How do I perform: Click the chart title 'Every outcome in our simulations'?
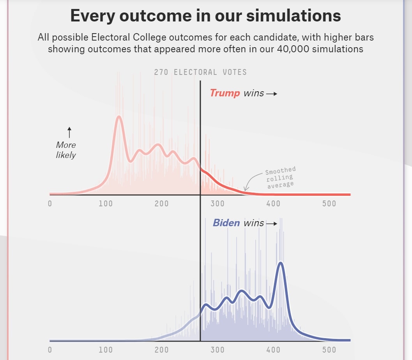pyautogui.click(x=205, y=16)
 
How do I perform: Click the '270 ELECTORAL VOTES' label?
pyautogui.click(x=200, y=73)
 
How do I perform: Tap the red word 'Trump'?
pyautogui.click(x=225, y=93)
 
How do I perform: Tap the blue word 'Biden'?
pyautogui.click(x=226, y=223)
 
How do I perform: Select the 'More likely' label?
pyautogui.click(x=66, y=150)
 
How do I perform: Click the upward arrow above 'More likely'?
pyautogui.click(x=69, y=132)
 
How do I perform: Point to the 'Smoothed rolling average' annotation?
pyautogui.click(x=280, y=177)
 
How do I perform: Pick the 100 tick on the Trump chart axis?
pyautogui.click(x=106, y=204)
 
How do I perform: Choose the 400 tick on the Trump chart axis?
pyautogui.click(x=273, y=204)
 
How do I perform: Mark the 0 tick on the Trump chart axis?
pyautogui.click(x=50, y=204)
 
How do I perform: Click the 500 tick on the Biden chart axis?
pyautogui.click(x=329, y=349)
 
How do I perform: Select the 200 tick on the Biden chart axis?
pyautogui.click(x=161, y=349)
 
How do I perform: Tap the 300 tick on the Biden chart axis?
pyautogui.click(x=217, y=349)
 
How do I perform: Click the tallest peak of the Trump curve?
pyautogui.click(x=118, y=117)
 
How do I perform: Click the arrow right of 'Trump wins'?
pyautogui.click(x=272, y=94)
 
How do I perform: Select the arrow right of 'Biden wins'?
pyautogui.click(x=272, y=224)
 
